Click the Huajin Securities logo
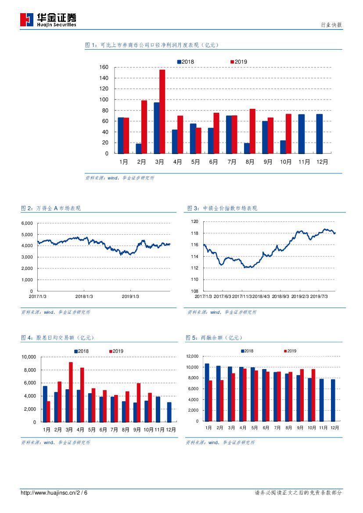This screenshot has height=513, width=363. (x=48, y=19)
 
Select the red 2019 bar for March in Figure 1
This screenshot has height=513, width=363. (x=162, y=111)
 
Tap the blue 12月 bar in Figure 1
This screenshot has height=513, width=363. (x=320, y=134)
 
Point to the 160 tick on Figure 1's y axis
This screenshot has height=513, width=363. (x=104, y=67)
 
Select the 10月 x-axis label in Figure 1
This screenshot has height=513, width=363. (x=286, y=161)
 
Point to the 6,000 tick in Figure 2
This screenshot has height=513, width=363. (x=27, y=223)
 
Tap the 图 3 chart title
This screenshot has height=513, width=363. (x=222, y=208)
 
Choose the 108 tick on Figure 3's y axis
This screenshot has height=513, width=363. (x=195, y=291)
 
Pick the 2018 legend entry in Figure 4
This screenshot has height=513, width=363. (x=81, y=351)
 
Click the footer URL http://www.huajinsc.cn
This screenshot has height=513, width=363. (x=48, y=493)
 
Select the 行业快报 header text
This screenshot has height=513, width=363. (x=331, y=25)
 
